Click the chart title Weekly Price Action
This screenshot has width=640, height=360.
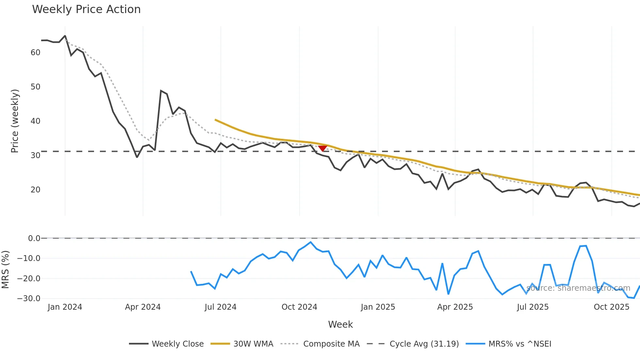coord(86,9)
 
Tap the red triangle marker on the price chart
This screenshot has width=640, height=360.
coord(323,148)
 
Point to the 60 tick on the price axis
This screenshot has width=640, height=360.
coord(35,53)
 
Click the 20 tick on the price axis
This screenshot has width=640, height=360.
coord(35,190)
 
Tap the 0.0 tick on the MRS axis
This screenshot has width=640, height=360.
coord(34,238)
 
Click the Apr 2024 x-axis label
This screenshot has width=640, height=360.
coord(143,307)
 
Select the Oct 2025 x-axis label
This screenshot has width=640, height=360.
coord(611,307)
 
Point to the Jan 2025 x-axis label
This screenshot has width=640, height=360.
coord(378,307)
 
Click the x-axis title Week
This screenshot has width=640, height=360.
coord(340,324)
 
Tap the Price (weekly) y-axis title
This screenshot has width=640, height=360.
coord(15,121)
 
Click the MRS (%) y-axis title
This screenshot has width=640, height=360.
coord(5,270)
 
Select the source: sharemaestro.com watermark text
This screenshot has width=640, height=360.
coord(578,288)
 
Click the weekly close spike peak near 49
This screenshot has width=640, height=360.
coord(161,91)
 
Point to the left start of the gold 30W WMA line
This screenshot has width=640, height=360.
coord(216,120)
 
